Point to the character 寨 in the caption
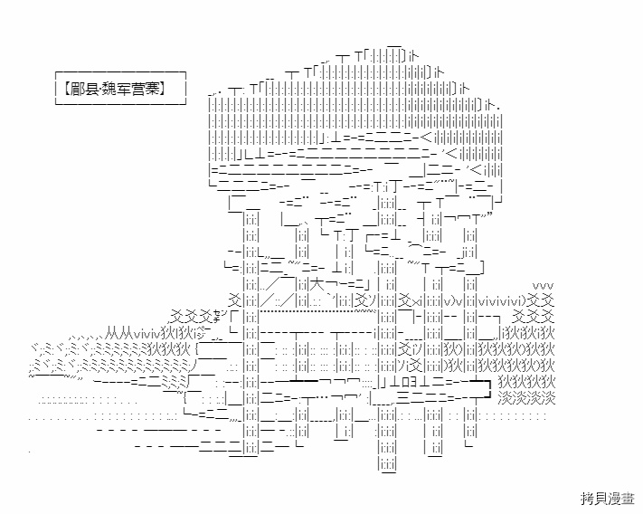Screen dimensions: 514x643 click(152, 89)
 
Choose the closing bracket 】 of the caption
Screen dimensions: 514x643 click(165, 89)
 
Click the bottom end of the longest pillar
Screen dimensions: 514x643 click(387, 465)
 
